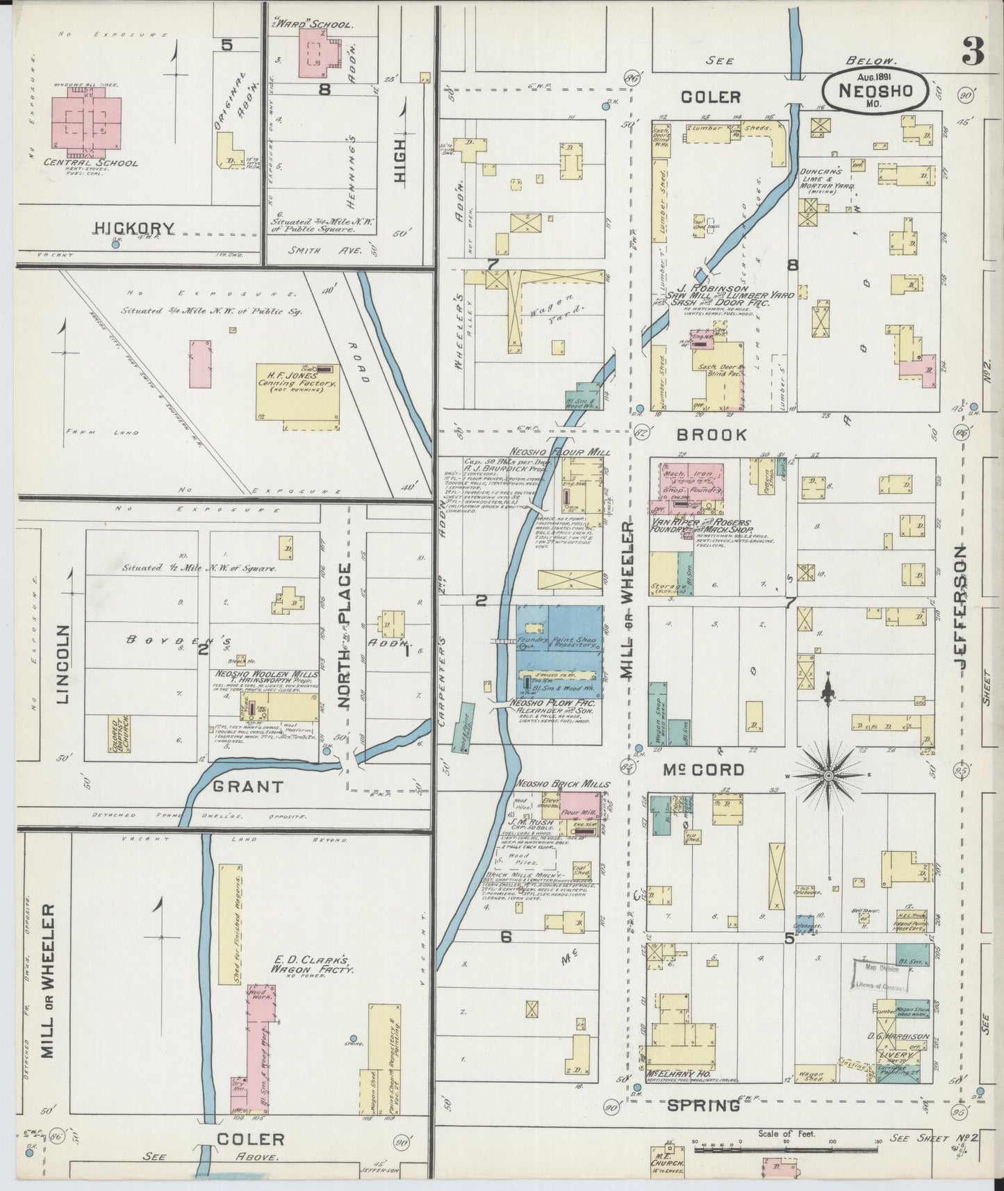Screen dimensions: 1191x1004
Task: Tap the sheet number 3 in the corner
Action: (973, 51)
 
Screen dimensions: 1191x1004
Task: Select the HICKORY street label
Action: (135, 227)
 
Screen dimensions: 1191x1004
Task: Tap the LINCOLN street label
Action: (62, 664)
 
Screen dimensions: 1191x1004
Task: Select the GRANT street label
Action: (248, 787)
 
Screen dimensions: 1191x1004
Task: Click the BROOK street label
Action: (711, 435)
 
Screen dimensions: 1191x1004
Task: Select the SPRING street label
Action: (702, 1105)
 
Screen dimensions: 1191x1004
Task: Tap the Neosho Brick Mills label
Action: (562, 784)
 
